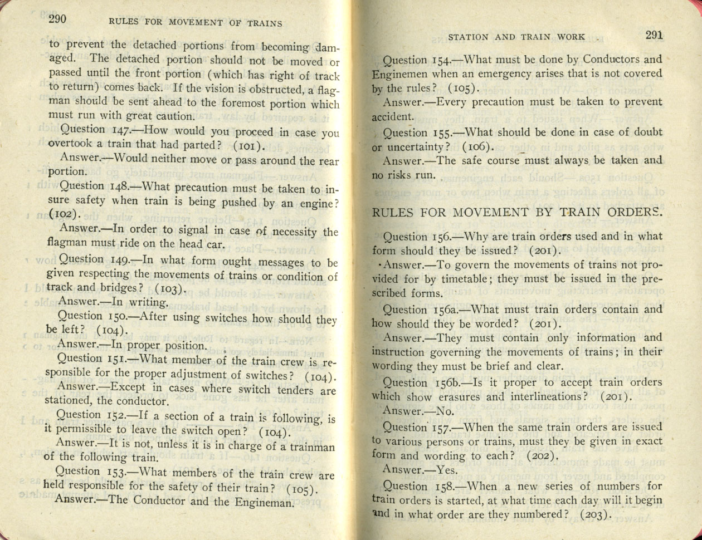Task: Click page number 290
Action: click(57, 19)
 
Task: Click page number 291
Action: click(654, 35)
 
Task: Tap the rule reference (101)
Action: click(245, 147)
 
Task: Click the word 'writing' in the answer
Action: click(148, 302)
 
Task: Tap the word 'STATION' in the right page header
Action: click(468, 37)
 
